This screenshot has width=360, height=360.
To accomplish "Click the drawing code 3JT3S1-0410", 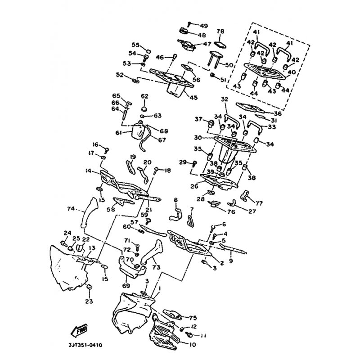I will tap(84, 345).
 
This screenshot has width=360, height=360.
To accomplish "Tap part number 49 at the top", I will tap(198, 25).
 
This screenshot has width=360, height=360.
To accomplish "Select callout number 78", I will tap(220, 31).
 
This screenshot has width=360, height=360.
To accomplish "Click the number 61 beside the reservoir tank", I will tap(118, 132).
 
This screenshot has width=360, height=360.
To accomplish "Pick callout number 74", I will tap(70, 208).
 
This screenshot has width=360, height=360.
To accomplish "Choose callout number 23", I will tap(89, 301).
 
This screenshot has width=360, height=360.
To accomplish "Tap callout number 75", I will tap(193, 317).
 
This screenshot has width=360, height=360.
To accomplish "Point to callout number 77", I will tap(260, 203).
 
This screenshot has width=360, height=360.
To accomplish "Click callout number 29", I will tap(183, 162).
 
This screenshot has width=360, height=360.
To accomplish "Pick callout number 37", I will tap(198, 119).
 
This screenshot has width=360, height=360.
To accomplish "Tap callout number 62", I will tap(144, 96).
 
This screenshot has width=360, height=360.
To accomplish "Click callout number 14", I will tap(88, 171).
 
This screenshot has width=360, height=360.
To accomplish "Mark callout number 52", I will tap(120, 75).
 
